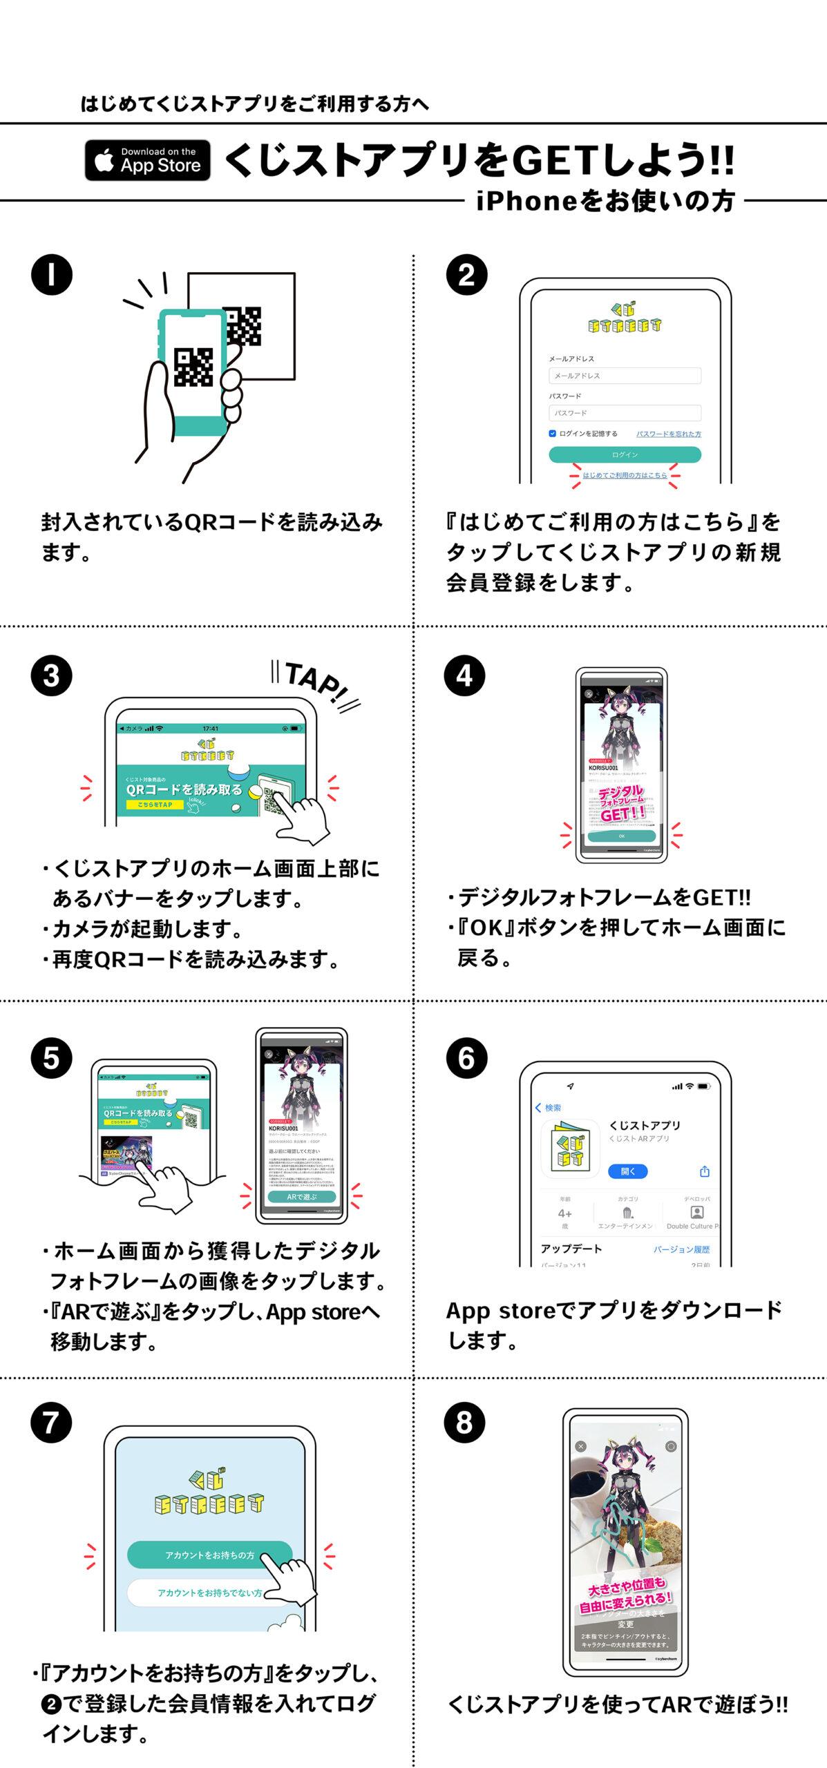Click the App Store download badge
147,160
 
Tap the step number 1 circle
52,275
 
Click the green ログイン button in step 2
625,454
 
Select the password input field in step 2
625,413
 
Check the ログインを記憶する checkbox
552,434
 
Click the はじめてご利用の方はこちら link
625,475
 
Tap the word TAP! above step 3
316,683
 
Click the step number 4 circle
464,675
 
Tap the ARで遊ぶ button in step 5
301,1197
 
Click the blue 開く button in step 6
627,1171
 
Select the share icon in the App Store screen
704,1171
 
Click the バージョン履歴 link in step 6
681,1249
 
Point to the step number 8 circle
464,1423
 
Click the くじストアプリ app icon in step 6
570,1149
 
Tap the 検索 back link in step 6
549,1108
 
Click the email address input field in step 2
625,376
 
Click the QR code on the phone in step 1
193,367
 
